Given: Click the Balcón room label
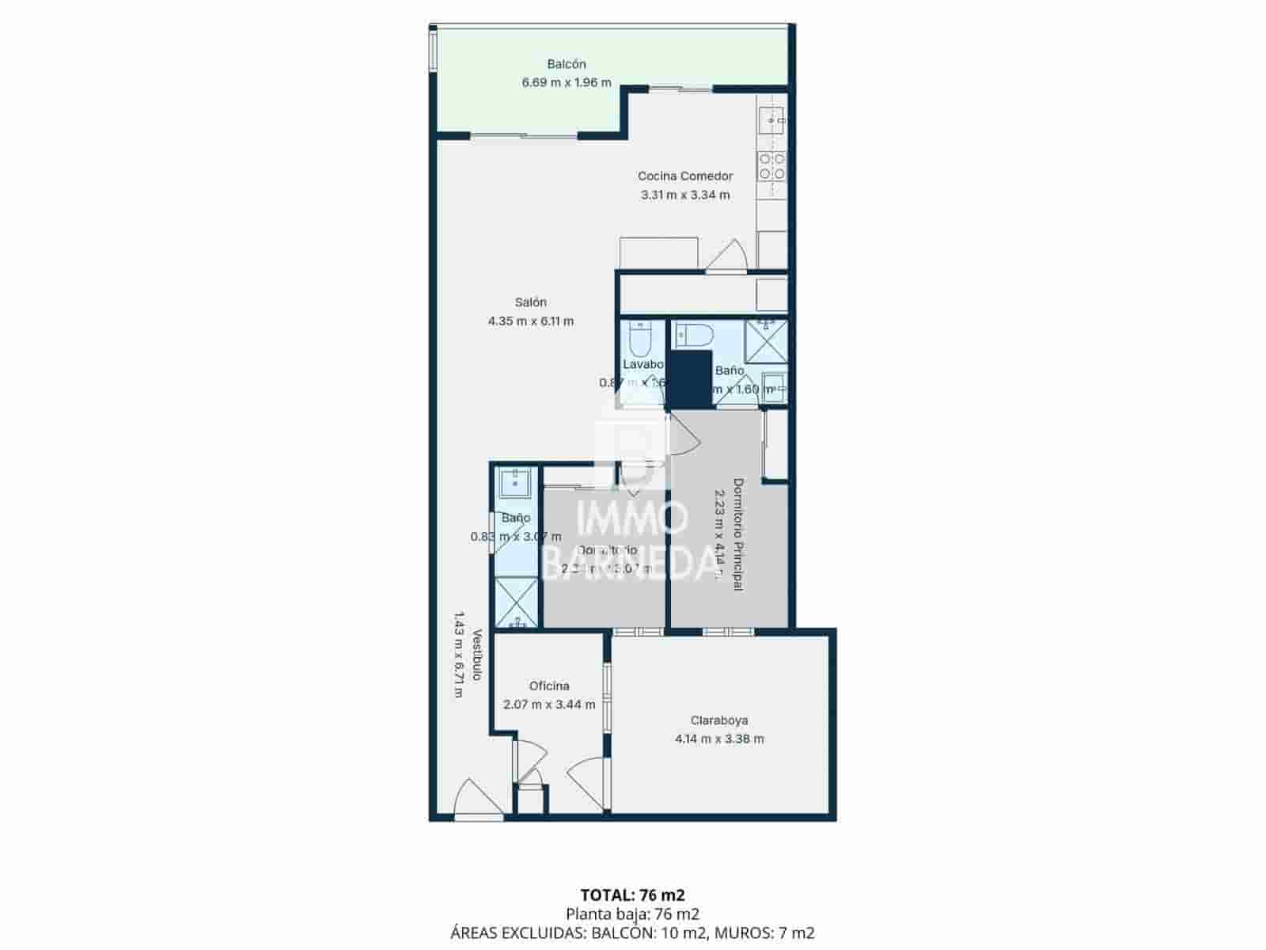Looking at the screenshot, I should [x=566, y=64].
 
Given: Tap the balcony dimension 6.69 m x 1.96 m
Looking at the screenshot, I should [x=566, y=82].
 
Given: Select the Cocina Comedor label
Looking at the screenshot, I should [x=685, y=176].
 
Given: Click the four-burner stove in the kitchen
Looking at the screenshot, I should [x=772, y=166].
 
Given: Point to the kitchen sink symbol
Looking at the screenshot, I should [x=771, y=120].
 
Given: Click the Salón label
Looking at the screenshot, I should [x=530, y=302].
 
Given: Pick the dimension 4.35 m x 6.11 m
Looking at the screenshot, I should [x=530, y=321].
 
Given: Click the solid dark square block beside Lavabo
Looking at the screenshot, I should [x=690, y=378].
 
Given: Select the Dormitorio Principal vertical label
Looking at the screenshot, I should [x=737, y=534].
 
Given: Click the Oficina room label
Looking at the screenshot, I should [x=549, y=686].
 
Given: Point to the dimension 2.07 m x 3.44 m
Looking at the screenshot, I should [x=549, y=705].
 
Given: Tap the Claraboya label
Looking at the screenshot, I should [x=718, y=720].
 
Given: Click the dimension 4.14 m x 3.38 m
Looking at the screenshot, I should [x=718, y=739].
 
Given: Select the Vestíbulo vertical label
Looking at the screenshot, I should [x=477, y=655].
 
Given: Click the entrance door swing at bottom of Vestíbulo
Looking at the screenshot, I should [x=477, y=800].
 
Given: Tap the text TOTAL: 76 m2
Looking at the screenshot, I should [x=632, y=895].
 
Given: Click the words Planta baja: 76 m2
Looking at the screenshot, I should [x=632, y=914].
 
